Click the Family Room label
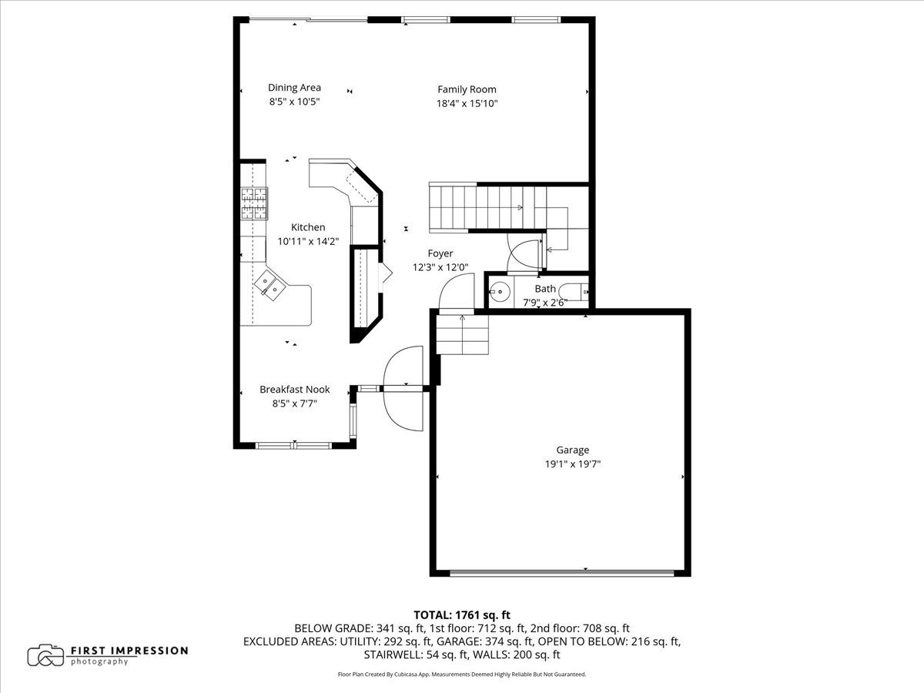[467, 89]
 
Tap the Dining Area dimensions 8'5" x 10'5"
[294, 102]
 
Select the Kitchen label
[307, 227]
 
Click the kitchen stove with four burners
[253, 204]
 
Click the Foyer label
[440, 253]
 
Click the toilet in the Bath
[574, 292]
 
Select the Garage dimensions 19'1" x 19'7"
[572, 464]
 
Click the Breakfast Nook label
[294, 390]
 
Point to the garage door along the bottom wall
[562, 572]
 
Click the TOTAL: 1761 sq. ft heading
[462, 614]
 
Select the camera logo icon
[45, 655]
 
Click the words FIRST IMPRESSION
[129, 651]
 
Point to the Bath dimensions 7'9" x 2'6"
[545, 302]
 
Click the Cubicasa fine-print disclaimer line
[462, 674]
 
